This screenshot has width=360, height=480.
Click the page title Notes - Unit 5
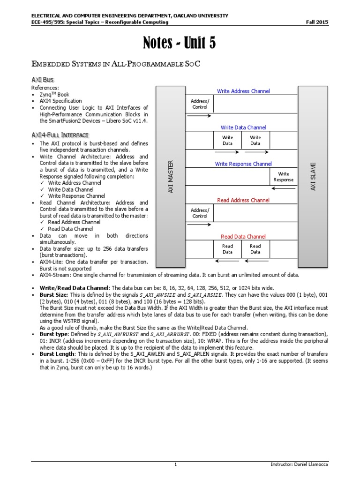click(x=180, y=44)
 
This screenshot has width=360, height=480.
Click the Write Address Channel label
click(x=243, y=91)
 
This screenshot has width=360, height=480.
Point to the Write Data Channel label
click(x=243, y=127)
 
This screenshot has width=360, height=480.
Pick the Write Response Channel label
click(x=243, y=164)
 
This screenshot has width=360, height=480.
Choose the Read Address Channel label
click(x=243, y=200)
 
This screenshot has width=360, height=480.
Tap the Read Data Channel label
click(x=243, y=237)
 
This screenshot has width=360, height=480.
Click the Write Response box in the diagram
click(x=283, y=177)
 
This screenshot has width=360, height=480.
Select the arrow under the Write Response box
click(x=283, y=188)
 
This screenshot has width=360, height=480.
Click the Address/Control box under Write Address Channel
click(x=200, y=104)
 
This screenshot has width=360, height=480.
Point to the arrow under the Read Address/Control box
click(x=200, y=225)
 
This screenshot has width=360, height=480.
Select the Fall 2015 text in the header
click(x=317, y=22)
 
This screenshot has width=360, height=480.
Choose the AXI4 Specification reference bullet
click(x=60, y=101)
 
